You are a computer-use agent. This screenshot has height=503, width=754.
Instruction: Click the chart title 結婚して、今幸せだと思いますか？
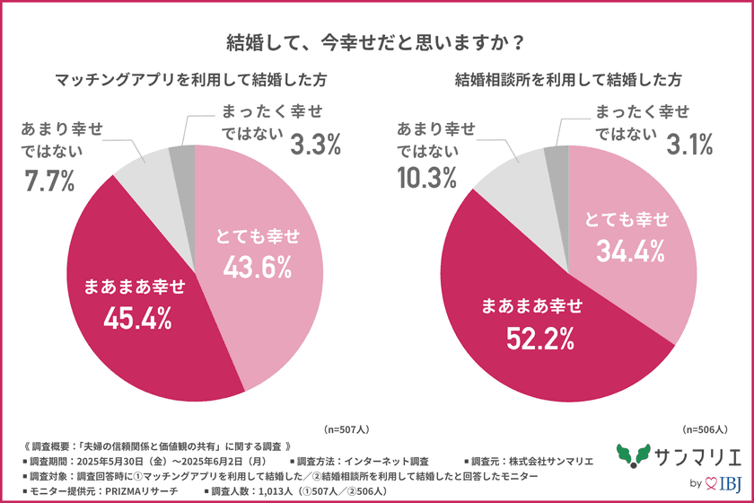click(376, 42)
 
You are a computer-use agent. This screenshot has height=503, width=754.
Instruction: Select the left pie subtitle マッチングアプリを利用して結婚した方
click(190, 80)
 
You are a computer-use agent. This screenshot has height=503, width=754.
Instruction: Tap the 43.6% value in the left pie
click(259, 267)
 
